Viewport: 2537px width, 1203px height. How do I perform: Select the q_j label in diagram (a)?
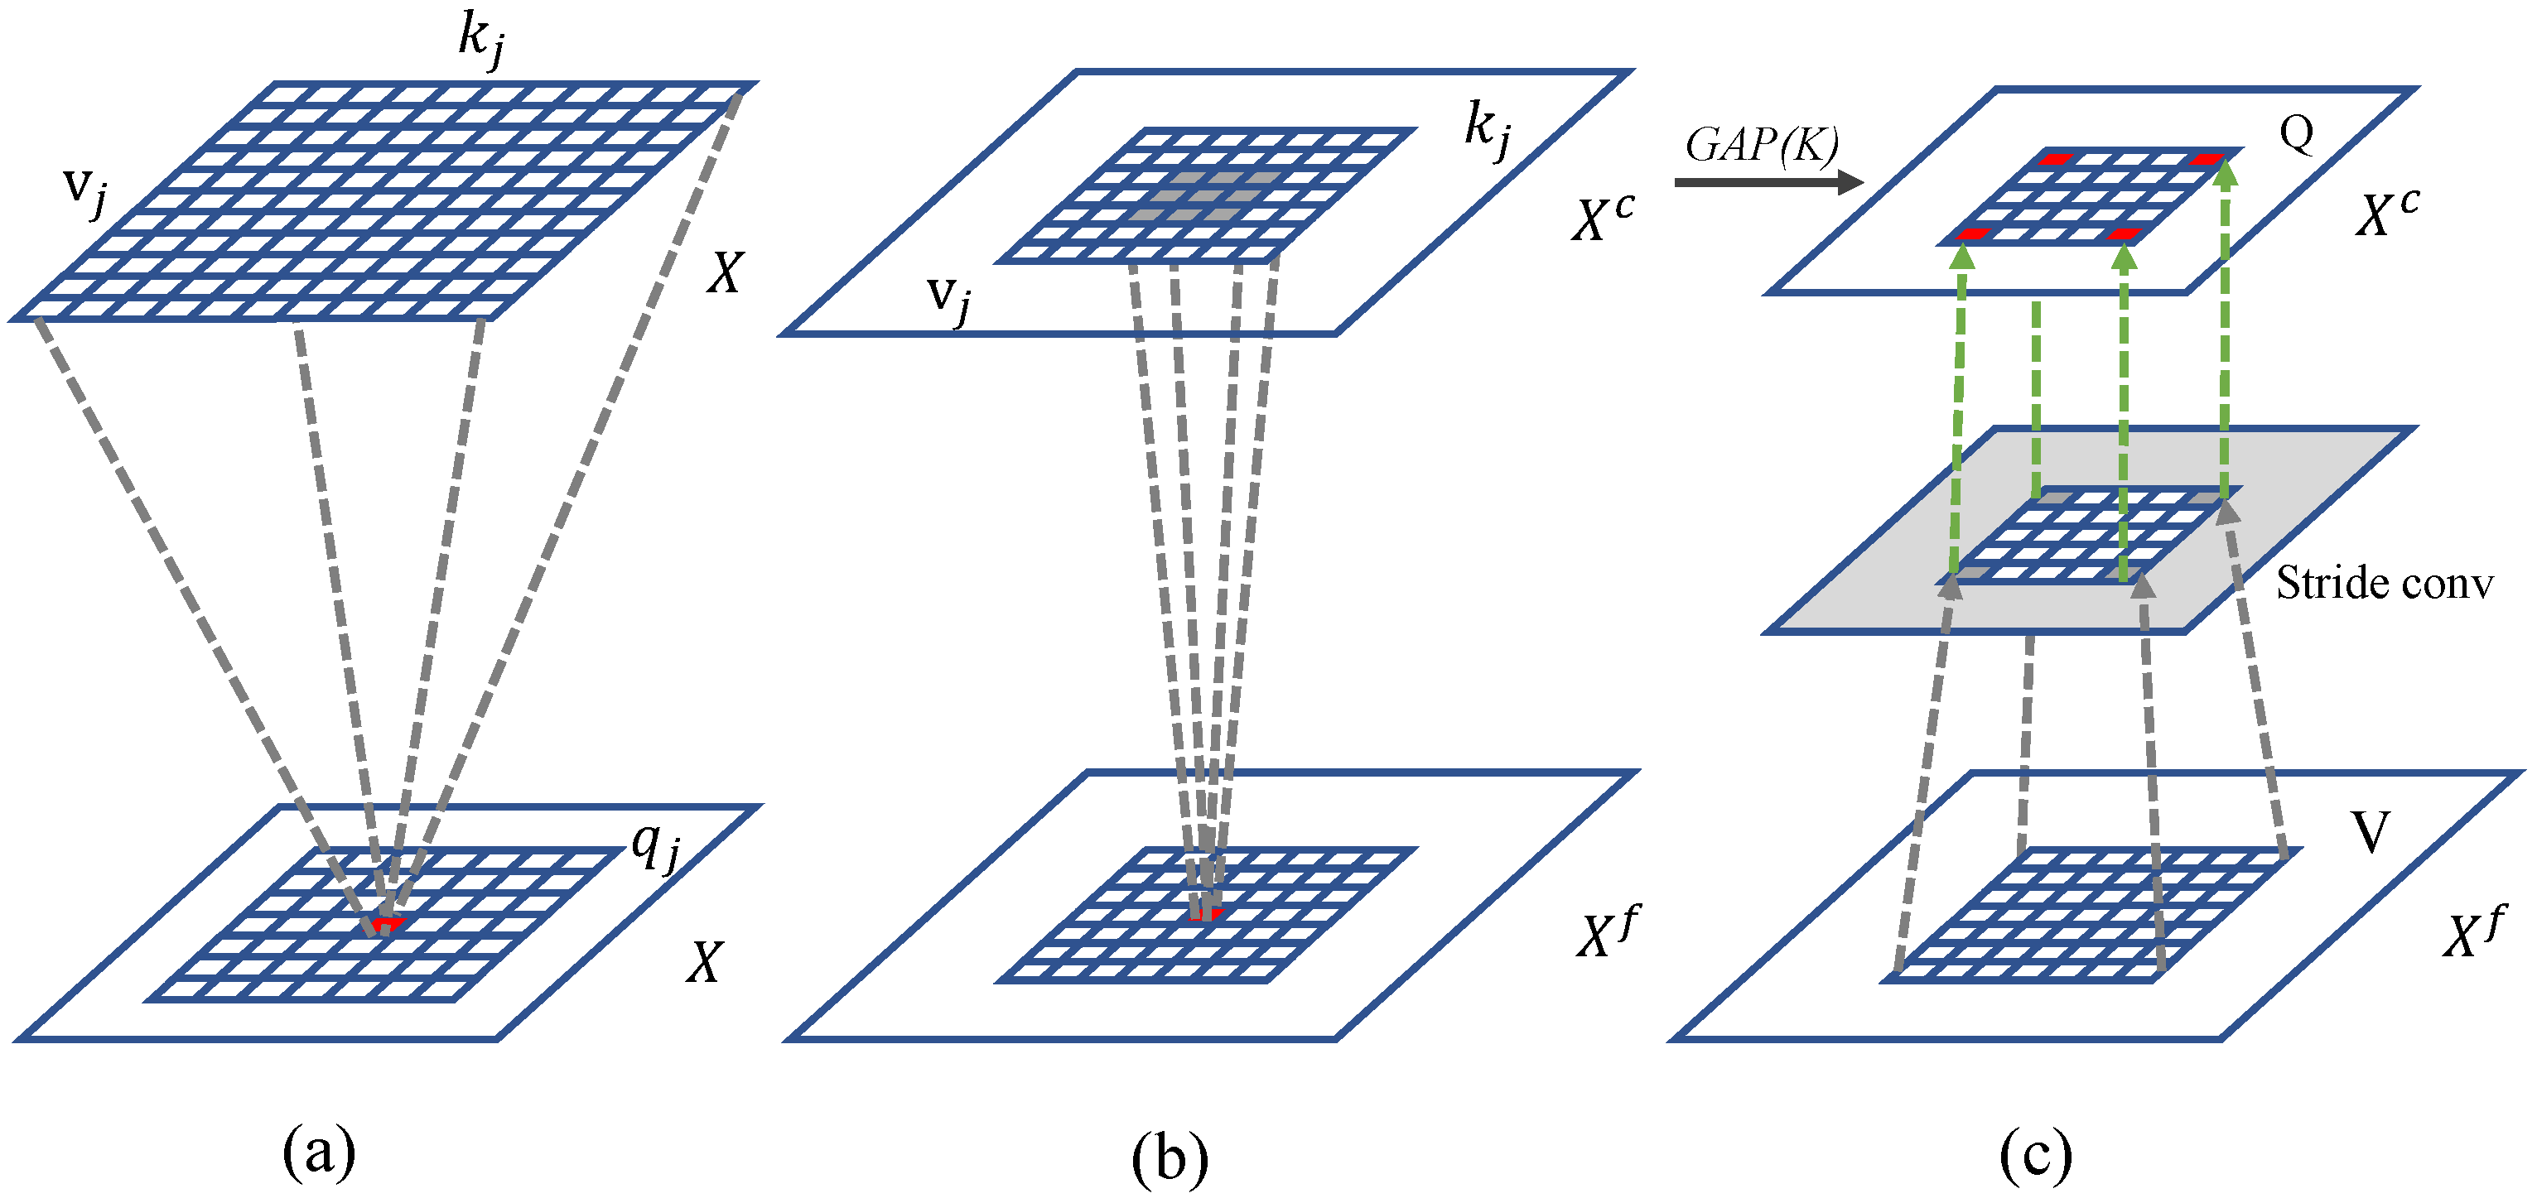click(655, 848)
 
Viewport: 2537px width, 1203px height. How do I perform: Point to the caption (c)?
click(2036, 1156)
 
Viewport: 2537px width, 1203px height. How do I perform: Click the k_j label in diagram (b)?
click(1486, 131)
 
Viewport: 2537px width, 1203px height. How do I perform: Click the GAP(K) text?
click(1761, 146)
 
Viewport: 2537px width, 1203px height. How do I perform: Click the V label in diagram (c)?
click(2369, 833)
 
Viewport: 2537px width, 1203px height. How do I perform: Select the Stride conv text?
click(2384, 584)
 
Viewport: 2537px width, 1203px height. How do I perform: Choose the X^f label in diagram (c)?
click(2473, 933)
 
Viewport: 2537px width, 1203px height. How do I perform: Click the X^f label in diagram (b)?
click(1606, 933)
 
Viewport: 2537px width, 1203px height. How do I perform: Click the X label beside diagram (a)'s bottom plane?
click(705, 963)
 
